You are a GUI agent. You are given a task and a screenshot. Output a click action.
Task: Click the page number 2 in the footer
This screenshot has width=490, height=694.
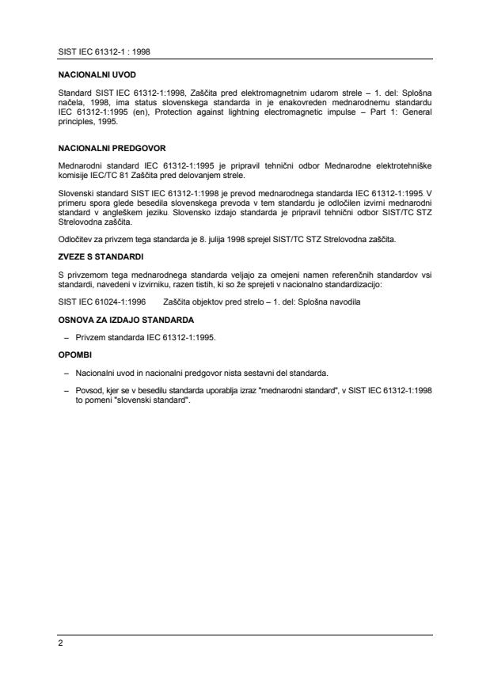60,643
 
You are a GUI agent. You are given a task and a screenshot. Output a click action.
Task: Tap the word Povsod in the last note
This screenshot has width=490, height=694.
87,392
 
